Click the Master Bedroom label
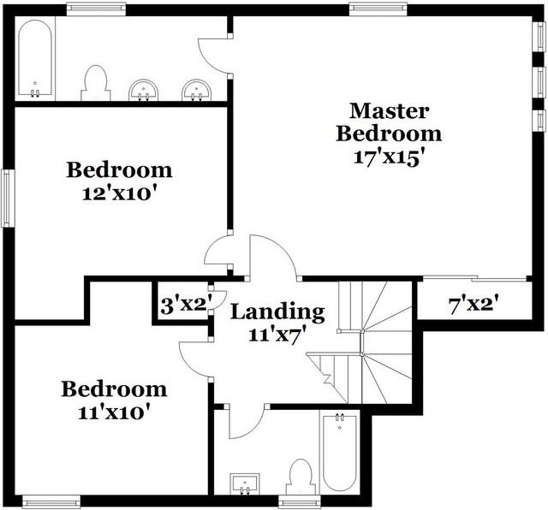point(389,122)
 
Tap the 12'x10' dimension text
point(119,193)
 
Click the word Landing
point(278,312)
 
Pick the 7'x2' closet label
point(474,305)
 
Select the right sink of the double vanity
point(197,90)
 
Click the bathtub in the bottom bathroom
point(340,454)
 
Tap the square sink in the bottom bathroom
point(245,484)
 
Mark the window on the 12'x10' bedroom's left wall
point(8,198)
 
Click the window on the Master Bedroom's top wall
point(371,9)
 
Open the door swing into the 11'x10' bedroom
point(194,352)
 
